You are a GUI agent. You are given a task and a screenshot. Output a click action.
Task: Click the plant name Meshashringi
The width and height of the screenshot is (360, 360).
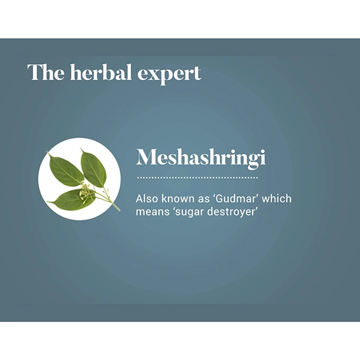pos(200,157)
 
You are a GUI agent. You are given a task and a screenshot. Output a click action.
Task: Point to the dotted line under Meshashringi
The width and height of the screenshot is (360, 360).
pos(197,178)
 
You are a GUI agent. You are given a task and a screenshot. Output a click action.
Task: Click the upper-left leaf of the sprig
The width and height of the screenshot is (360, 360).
pos(65,170)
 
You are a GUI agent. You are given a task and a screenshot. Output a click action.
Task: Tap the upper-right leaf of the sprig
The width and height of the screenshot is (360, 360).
pos(93,167)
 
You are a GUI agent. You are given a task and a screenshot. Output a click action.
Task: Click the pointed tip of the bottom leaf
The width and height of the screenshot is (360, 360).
pos(50,204)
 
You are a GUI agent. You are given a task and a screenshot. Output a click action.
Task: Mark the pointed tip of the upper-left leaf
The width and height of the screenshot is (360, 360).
pos(48,155)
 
